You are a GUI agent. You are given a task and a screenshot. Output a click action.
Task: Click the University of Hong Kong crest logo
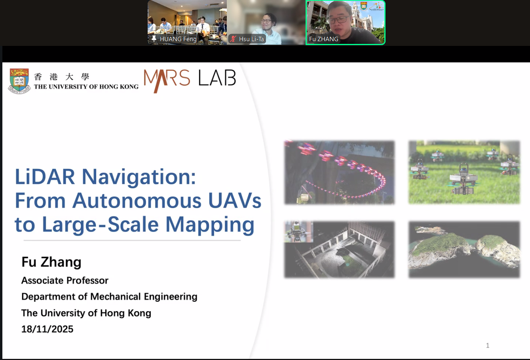click(x=19, y=81)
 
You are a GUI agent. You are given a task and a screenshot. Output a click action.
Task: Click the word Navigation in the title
click(x=139, y=176)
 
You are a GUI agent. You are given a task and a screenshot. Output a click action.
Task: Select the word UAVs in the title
click(x=235, y=201)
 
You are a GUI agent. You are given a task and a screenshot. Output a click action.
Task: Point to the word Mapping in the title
click(x=210, y=225)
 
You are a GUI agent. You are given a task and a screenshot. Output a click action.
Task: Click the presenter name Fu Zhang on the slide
click(x=51, y=262)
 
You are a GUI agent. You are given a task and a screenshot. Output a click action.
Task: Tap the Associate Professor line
click(x=65, y=280)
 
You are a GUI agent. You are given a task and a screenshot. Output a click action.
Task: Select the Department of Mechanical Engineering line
click(x=109, y=297)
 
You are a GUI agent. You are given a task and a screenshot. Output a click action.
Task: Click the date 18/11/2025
click(x=47, y=329)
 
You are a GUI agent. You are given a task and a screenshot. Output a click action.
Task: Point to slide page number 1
click(x=488, y=346)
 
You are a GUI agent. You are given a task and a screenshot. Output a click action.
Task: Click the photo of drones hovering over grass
click(x=464, y=172)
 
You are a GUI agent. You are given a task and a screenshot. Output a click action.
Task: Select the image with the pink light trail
click(x=340, y=172)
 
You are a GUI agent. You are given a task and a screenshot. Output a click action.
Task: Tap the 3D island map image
click(x=464, y=249)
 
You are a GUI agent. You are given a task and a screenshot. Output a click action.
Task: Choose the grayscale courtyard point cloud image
click(x=340, y=249)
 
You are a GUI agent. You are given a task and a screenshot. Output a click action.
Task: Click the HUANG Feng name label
click(x=178, y=39)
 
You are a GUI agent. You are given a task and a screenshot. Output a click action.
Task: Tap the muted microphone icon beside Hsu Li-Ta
click(x=233, y=39)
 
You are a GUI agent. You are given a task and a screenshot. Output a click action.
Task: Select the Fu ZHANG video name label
click(x=324, y=39)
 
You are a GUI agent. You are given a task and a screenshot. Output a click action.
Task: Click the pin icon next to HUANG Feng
click(x=154, y=38)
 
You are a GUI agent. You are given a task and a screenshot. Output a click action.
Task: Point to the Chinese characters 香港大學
click(x=61, y=77)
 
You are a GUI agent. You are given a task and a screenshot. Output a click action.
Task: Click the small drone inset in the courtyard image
click(x=299, y=232)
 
